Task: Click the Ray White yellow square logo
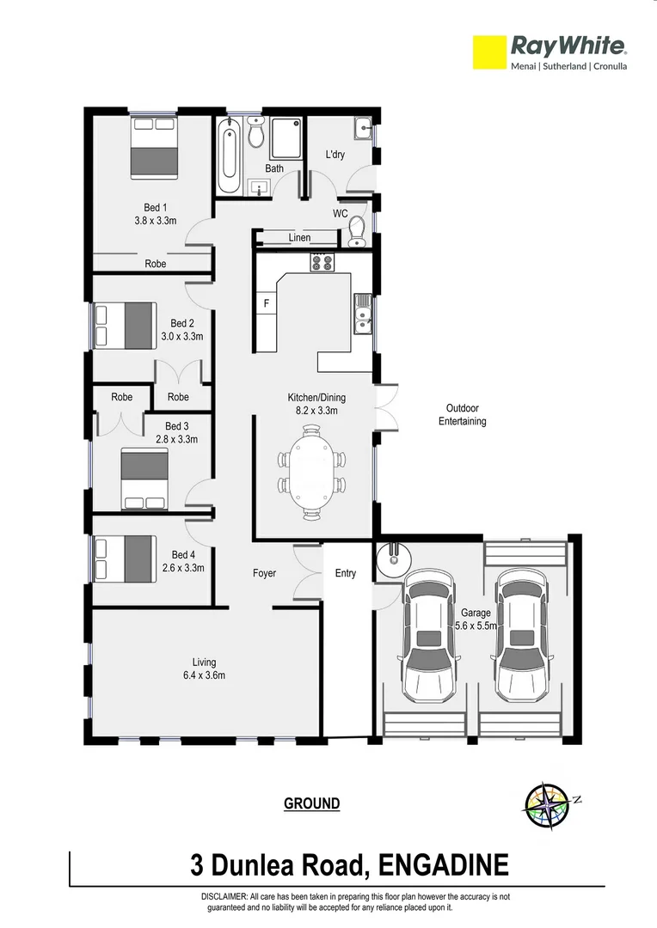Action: click(488, 52)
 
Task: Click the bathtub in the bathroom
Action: click(229, 158)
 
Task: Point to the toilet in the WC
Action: click(358, 229)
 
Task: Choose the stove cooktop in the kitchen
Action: click(322, 263)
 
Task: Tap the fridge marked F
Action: click(265, 304)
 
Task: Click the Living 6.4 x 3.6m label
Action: click(204, 669)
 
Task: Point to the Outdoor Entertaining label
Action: click(462, 415)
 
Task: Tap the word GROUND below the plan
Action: click(311, 804)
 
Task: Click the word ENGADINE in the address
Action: click(443, 864)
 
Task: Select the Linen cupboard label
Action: click(299, 237)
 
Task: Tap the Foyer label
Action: click(264, 573)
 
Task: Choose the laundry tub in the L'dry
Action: click(362, 131)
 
